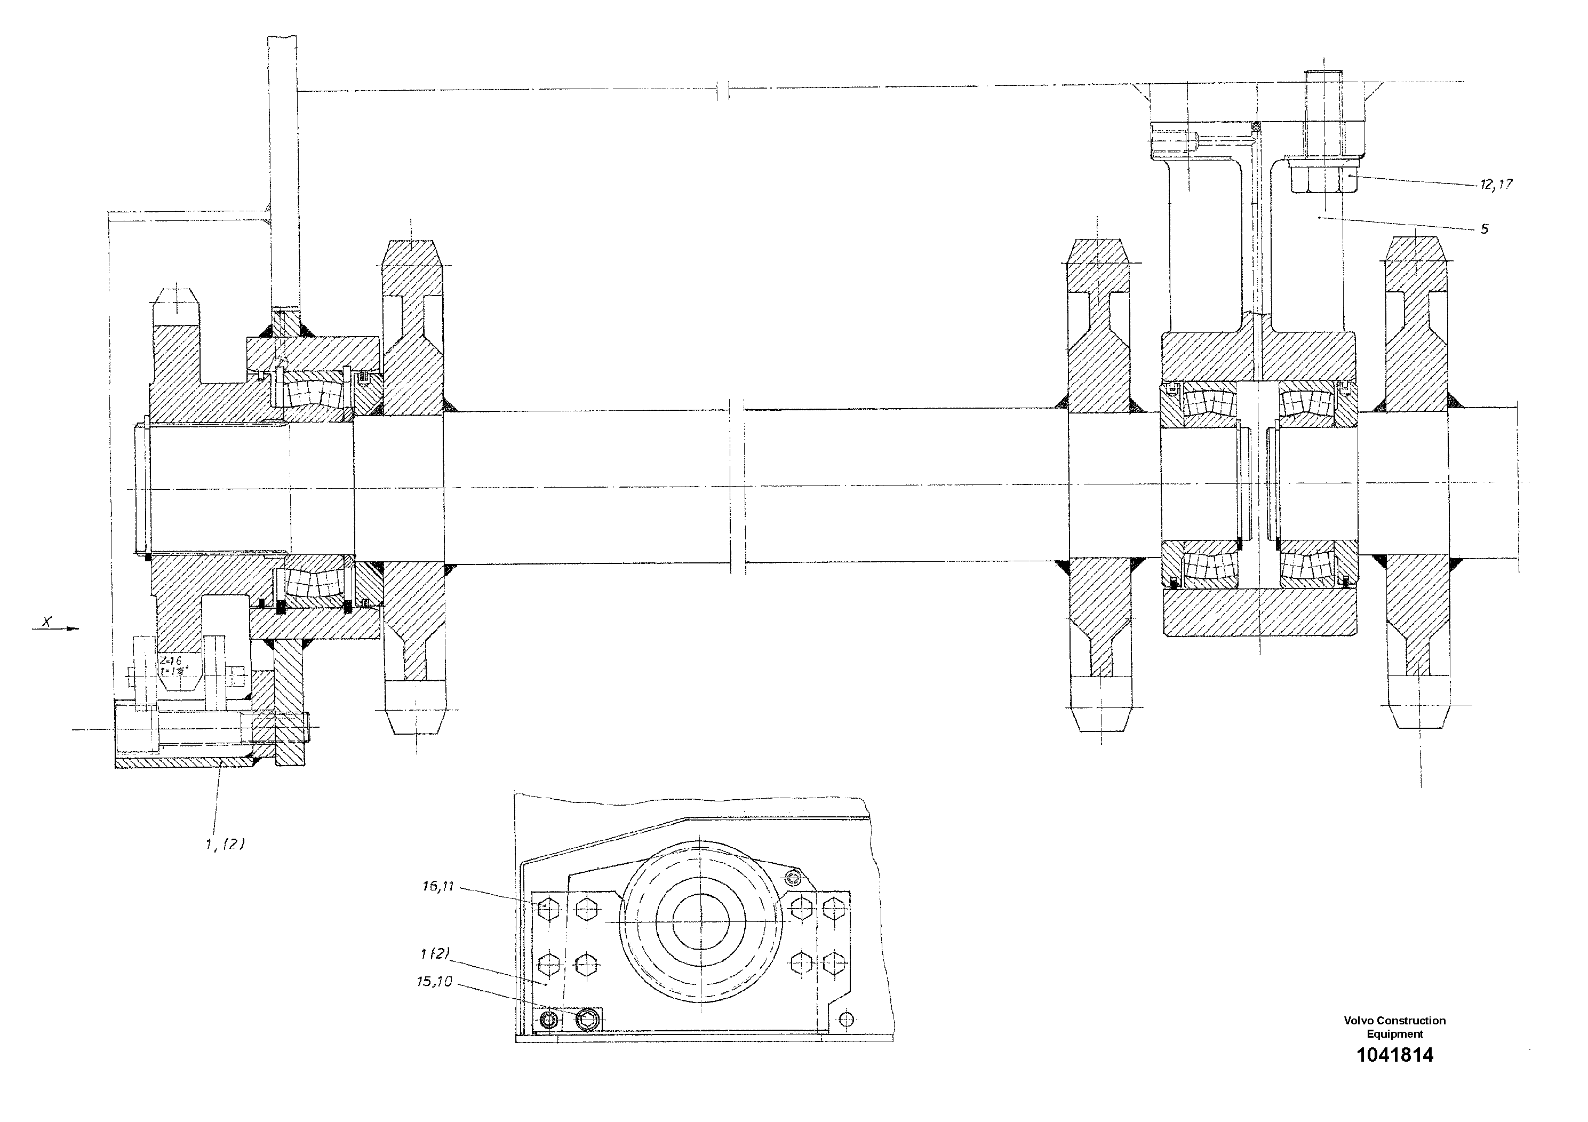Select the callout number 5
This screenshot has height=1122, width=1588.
pos(1485,229)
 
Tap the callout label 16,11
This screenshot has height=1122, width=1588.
pos(438,886)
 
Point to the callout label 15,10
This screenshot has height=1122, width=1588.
pos(434,982)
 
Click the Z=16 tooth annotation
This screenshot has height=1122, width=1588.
pos(171,661)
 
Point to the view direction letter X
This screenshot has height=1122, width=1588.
pos(47,622)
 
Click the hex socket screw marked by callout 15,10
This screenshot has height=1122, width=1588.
pos(587,1017)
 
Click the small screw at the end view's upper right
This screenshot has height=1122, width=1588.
pos(793,878)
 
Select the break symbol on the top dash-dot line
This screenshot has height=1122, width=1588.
pos(723,91)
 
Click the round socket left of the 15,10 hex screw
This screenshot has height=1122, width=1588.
pos(550,1020)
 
